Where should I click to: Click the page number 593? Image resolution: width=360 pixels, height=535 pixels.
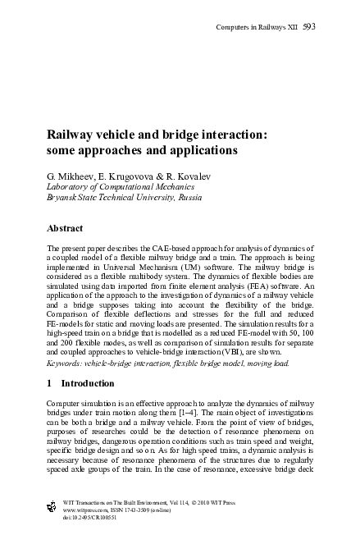pos(309,27)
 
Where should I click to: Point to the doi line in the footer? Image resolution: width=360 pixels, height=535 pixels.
pos(90,522)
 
